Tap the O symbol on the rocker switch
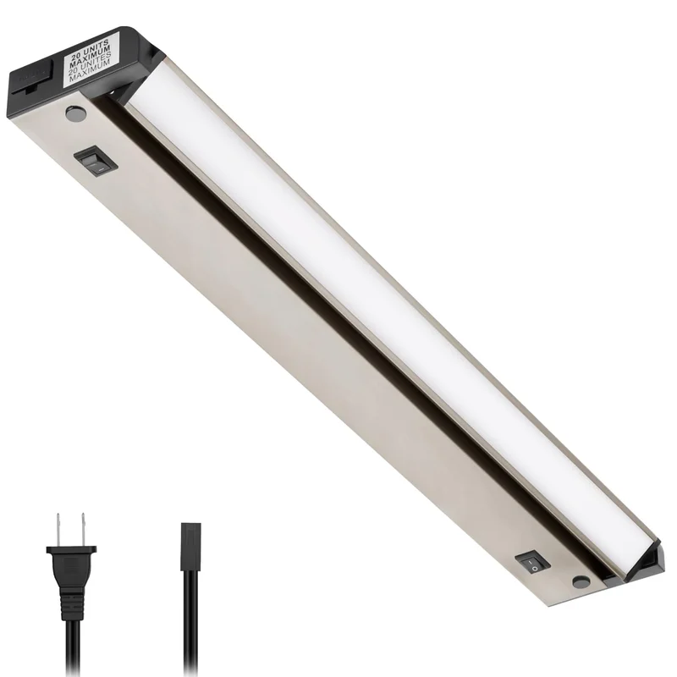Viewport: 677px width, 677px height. click(x=535, y=568)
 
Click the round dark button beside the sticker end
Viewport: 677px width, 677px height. click(x=76, y=113)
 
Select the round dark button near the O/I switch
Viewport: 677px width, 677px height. click(x=581, y=581)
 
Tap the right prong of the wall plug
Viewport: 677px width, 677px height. click(x=83, y=529)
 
